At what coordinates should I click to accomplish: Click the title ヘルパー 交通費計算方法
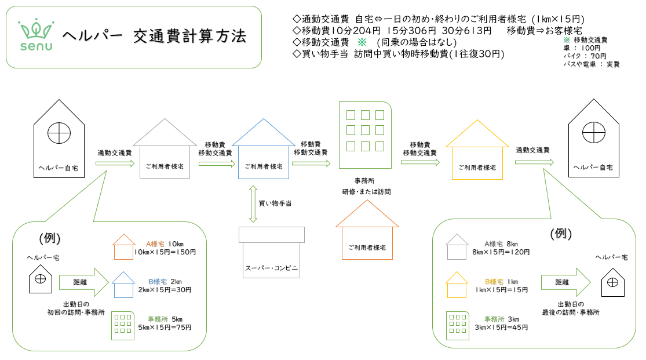[x=154, y=36]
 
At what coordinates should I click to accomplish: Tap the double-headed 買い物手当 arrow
[x=253, y=203]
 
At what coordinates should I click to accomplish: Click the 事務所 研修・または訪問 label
[x=363, y=186]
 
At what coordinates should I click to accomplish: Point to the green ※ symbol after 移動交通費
[x=362, y=42]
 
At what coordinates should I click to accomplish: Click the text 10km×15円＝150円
[x=165, y=252]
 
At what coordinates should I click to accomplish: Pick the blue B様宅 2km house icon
[x=123, y=285]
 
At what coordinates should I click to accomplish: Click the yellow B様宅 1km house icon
[x=457, y=285]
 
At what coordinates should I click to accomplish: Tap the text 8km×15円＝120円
[x=502, y=252]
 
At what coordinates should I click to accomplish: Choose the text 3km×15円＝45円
[x=502, y=327]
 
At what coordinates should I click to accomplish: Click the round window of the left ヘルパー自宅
[x=58, y=133]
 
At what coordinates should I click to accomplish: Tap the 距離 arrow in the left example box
[x=83, y=282]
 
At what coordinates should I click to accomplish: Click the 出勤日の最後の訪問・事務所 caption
[x=571, y=308]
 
